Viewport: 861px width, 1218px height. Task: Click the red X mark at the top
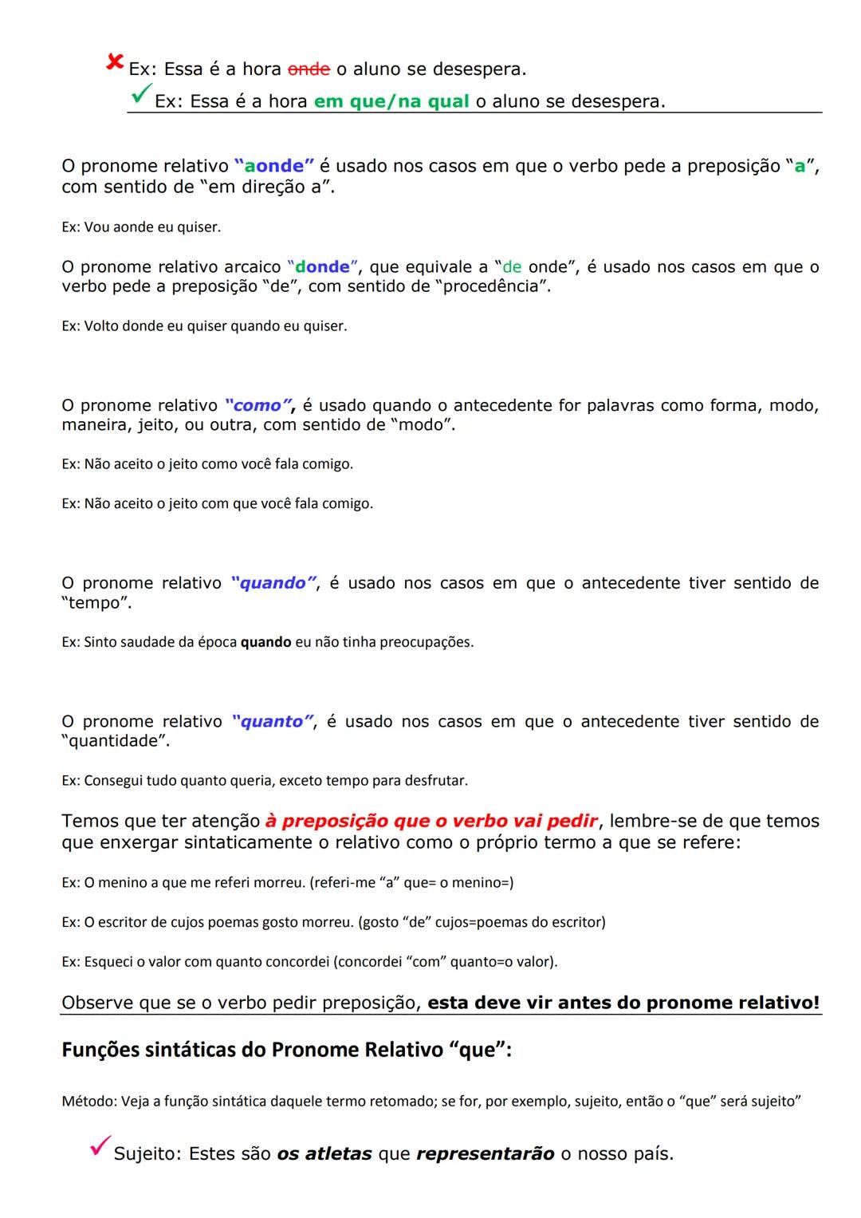click(115, 61)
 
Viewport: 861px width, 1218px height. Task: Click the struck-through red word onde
click(309, 69)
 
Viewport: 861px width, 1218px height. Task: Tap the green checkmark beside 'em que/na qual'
click(140, 95)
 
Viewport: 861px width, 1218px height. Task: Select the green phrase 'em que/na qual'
click(391, 102)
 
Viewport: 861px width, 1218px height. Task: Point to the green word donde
click(322, 267)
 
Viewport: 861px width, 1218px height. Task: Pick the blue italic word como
click(257, 405)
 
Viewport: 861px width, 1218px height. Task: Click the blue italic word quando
click(273, 583)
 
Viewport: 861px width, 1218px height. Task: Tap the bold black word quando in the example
click(265, 642)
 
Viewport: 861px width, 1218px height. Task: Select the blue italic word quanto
click(273, 722)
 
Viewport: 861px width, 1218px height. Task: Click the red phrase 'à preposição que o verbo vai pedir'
click(431, 822)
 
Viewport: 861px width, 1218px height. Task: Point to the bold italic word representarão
click(485, 1154)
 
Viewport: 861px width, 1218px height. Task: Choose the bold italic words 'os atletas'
click(324, 1154)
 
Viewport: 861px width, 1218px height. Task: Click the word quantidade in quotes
click(116, 741)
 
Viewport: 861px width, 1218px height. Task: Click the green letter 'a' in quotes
click(800, 167)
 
